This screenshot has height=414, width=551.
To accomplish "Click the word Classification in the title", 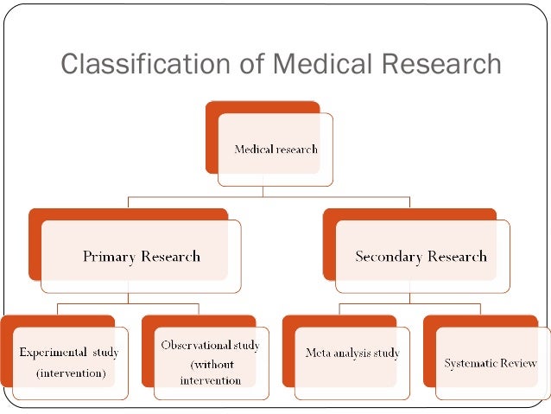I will click(x=145, y=64).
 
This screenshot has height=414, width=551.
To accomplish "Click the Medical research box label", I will click(x=276, y=149).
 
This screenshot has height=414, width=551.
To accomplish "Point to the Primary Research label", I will click(x=141, y=256).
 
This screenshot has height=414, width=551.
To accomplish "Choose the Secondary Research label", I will click(x=421, y=256).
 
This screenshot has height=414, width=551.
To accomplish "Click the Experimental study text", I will click(x=69, y=352).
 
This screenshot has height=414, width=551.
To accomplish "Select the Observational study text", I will click(x=211, y=345).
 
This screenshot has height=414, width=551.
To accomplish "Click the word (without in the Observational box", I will click(x=212, y=364).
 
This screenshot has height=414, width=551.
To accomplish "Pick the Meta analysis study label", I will click(x=352, y=353).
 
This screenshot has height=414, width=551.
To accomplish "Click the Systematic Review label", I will click(x=491, y=363).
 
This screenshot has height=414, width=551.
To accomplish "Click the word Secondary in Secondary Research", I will click(x=386, y=256).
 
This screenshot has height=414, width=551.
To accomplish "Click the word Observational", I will click(x=198, y=345).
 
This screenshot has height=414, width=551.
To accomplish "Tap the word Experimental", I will click(x=53, y=352).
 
